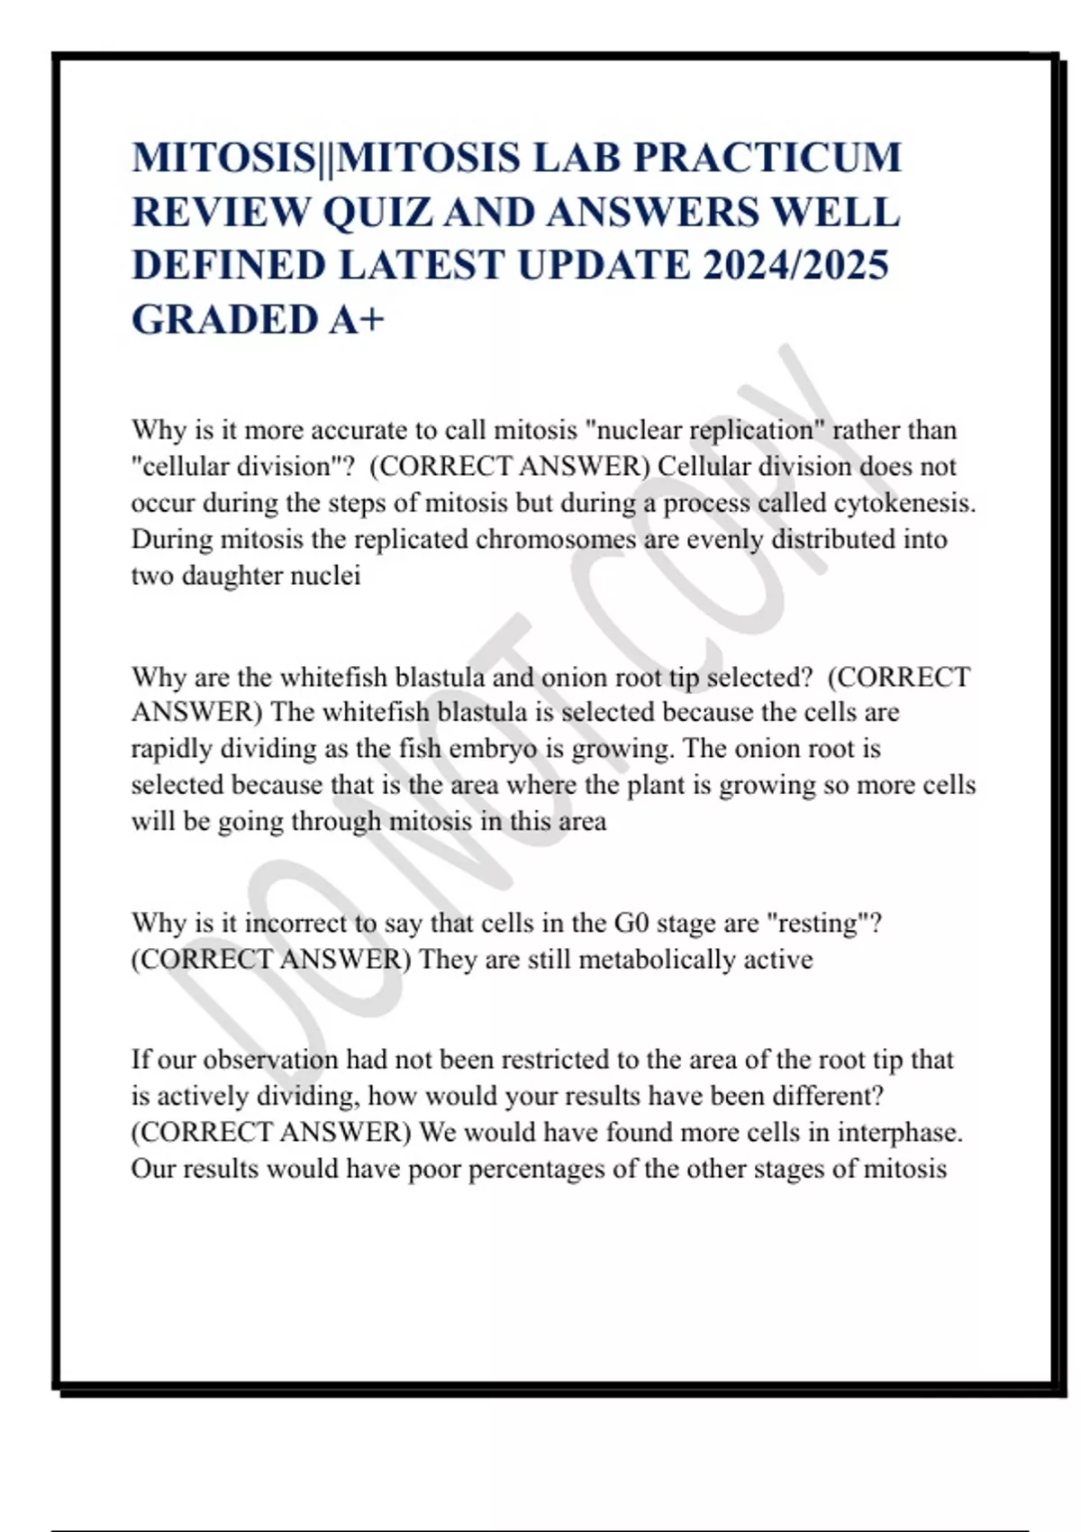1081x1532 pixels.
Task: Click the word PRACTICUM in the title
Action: click(x=767, y=158)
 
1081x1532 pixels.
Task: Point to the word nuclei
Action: click(x=326, y=575)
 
